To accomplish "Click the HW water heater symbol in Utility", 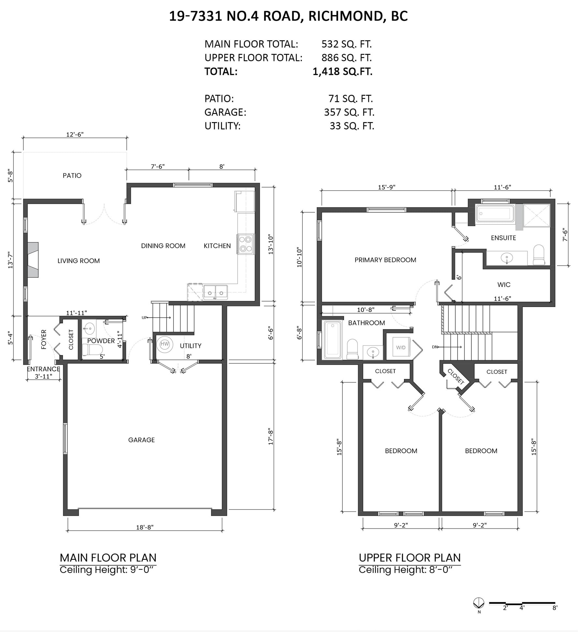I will (165, 344).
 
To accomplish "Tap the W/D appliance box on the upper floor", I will (401, 347).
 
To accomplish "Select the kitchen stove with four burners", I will (246, 244).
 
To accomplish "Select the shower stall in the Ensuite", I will (536, 215).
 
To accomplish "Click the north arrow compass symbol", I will (479, 603).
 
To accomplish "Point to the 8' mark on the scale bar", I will (555, 608).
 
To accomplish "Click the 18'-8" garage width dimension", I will (145, 527).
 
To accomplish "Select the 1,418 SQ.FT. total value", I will (342, 71).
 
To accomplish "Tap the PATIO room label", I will (72, 176).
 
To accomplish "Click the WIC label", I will (504, 285).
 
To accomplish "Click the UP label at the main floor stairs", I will (144, 317).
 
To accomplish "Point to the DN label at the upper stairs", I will (435, 347).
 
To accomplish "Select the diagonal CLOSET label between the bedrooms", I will (455, 377).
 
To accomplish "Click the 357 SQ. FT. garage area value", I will (349, 112).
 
